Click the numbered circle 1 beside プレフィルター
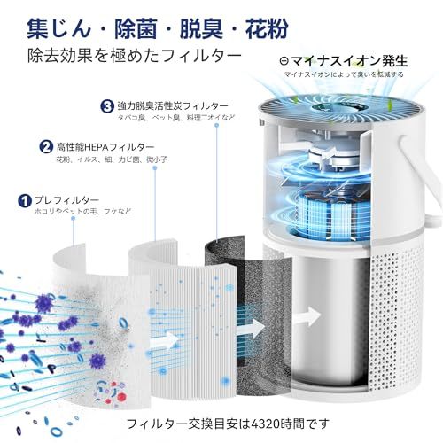point(25,201)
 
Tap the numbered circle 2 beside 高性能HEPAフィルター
point(45,146)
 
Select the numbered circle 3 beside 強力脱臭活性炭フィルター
point(106,105)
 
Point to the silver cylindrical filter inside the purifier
point(328,310)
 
